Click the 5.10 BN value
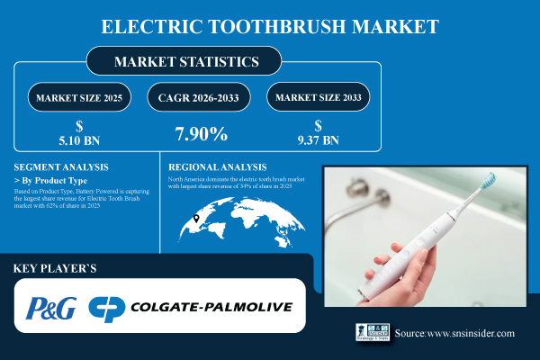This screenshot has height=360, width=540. (79, 139)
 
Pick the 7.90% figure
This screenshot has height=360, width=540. (200, 135)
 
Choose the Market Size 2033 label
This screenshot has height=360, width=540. (317, 95)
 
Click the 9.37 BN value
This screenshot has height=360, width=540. (318, 139)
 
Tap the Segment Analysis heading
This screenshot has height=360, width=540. (61, 167)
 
